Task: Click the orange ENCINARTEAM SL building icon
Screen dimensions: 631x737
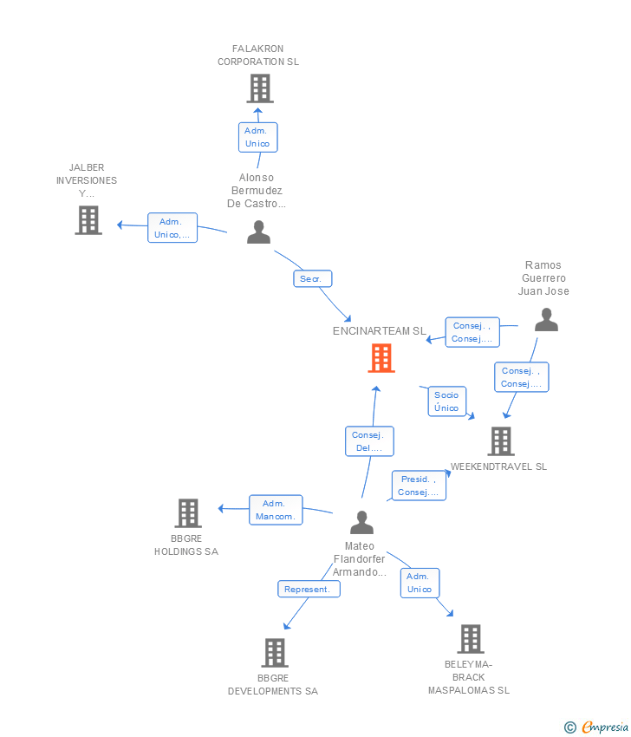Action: tap(381, 358)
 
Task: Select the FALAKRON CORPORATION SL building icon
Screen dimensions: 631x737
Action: tap(260, 88)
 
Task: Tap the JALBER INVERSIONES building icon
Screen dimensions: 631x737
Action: tap(88, 220)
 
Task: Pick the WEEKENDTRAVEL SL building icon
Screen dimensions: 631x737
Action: tap(501, 441)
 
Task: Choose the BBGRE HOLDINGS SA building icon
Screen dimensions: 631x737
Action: tap(188, 512)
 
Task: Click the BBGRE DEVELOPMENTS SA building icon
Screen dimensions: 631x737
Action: tap(275, 653)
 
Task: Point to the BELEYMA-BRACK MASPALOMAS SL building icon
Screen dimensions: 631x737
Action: tap(471, 639)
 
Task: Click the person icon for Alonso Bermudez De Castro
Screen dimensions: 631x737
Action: tap(259, 232)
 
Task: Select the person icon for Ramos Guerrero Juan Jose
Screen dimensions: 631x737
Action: tap(546, 320)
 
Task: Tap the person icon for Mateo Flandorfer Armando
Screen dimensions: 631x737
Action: tap(361, 522)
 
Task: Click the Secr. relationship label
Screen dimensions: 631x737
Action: tap(313, 278)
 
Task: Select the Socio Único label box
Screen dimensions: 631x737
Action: tap(447, 401)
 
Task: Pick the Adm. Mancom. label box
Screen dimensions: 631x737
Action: tap(276, 510)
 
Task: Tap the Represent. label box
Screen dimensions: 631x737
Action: tap(309, 590)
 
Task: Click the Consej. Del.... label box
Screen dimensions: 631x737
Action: tap(369, 441)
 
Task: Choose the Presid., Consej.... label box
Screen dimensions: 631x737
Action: tap(420, 486)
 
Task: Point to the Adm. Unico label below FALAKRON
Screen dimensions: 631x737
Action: tap(258, 137)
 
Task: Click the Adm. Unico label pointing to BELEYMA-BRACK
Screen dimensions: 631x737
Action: tap(420, 583)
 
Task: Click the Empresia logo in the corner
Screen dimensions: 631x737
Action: tap(596, 727)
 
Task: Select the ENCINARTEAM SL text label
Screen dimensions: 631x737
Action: tap(380, 331)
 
